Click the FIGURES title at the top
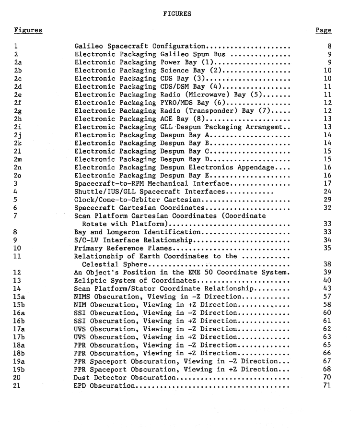tap(177, 14)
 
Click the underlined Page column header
tap(323, 30)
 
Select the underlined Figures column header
tap(28, 30)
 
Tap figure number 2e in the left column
tap(18, 95)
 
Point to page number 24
tap(327, 191)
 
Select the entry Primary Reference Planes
tap(123, 248)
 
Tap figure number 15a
tap(20, 297)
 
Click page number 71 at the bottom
tap(327, 385)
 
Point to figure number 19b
tap(20, 369)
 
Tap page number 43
tap(327, 288)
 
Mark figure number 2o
tap(18, 175)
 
